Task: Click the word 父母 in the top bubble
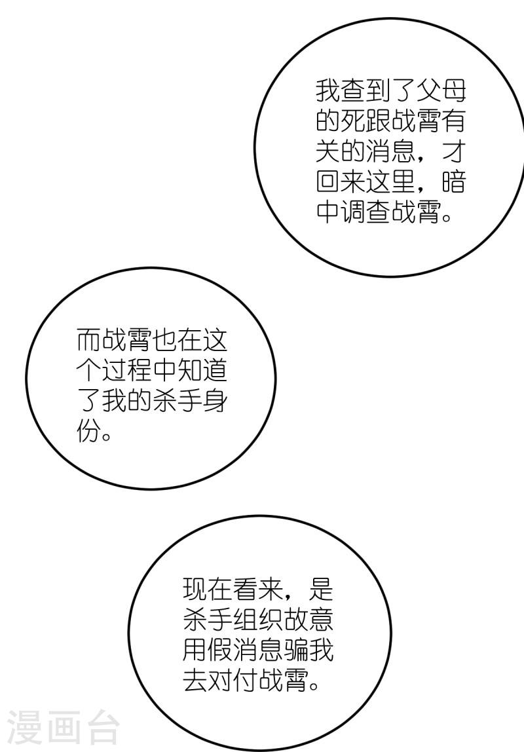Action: [x=441, y=91]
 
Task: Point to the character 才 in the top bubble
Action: [x=453, y=151]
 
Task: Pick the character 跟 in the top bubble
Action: [x=378, y=121]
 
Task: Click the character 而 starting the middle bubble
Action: [x=88, y=340]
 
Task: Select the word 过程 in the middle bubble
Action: [x=126, y=370]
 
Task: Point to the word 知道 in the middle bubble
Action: [x=201, y=370]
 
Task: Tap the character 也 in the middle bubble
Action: [x=164, y=340]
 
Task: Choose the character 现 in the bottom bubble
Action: [x=195, y=590]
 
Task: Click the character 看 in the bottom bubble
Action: [x=246, y=590]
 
